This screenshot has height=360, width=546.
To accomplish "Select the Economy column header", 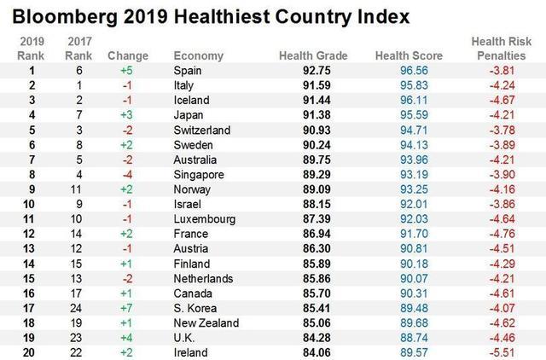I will point(198,56).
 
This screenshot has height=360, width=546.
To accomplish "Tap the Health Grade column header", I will point(313,56).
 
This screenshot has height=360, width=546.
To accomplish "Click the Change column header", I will point(129,56).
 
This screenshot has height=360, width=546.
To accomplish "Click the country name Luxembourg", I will point(205,219).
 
